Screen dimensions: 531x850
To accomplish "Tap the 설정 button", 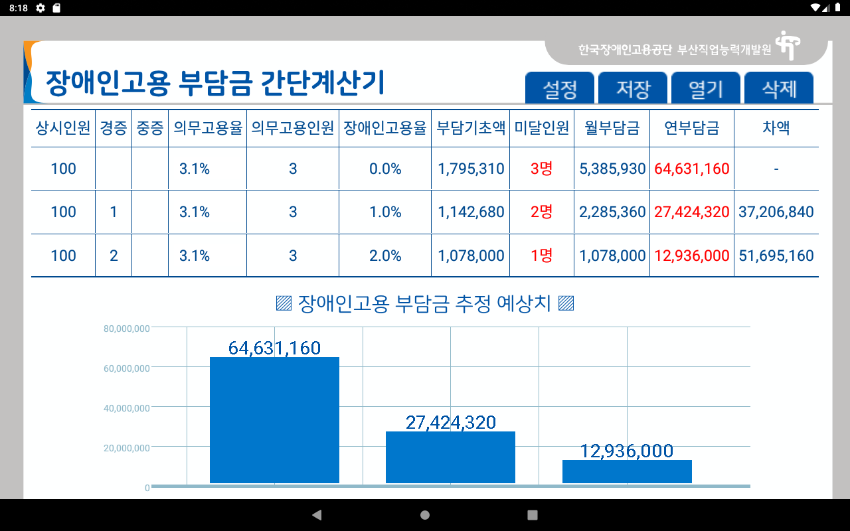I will [x=560, y=88].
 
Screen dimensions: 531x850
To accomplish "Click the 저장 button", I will [x=633, y=88].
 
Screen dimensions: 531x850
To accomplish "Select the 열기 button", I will [x=706, y=88].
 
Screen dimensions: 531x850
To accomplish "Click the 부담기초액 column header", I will [x=471, y=128].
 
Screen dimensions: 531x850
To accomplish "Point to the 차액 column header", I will [x=776, y=128].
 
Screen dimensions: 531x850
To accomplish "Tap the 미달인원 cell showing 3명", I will [x=541, y=169].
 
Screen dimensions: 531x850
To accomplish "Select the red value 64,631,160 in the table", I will [x=692, y=169].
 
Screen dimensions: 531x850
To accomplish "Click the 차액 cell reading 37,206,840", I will [x=776, y=212].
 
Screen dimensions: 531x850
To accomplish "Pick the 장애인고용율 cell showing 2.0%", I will [x=385, y=256].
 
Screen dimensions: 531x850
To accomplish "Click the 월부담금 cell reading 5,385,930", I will [x=612, y=169].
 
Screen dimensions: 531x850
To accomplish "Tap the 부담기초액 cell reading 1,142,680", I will [x=471, y=212].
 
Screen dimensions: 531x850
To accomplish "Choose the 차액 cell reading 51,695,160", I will [x=776, y=256].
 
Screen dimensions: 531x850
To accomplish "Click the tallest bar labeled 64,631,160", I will [x=274, y=420].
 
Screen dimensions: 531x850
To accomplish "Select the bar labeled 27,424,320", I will [x=450, y=457].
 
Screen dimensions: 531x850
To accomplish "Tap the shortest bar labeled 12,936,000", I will [x=627, y=471].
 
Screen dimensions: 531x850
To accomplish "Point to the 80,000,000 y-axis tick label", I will [x=127, y=329].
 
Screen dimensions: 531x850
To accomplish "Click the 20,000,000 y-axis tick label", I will [x=127, y=448].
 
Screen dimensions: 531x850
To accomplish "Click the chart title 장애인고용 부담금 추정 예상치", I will [x=425, y=304].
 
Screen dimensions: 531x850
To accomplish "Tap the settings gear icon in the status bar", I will [x=41, y=8].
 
